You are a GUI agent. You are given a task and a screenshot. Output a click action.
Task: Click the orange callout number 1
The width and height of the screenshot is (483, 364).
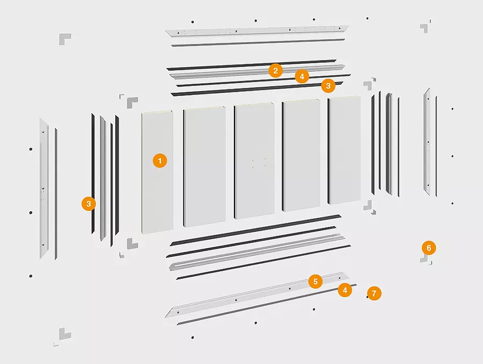[159, 161]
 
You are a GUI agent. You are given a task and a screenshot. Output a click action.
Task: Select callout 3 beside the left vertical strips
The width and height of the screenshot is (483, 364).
[89, 204]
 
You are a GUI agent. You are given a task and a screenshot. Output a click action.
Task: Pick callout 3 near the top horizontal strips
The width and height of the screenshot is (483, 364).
[328, 86]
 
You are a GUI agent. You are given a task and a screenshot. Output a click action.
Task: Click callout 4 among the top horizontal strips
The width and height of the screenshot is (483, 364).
[302, 76]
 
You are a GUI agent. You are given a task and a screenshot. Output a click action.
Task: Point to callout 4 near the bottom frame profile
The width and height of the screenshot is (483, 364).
[345, 290]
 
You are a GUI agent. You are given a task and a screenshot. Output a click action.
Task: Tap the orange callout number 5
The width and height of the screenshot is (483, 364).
[316, 281]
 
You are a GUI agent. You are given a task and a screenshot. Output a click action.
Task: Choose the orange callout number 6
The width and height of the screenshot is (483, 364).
[429, 248]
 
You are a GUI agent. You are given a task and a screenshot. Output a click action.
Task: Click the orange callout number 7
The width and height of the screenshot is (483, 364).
[374, 294]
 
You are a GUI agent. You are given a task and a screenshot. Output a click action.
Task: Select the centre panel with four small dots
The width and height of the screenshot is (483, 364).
[254, 161]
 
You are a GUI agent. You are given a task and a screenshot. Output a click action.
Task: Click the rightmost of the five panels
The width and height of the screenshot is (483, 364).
[344, 150]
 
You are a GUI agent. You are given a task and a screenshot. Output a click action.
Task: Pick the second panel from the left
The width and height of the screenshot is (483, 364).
[204, 167]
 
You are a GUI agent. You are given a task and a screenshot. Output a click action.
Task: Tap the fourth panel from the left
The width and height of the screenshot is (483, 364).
[301, 155]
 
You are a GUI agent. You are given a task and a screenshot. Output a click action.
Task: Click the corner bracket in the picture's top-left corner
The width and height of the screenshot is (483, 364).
[64, 38]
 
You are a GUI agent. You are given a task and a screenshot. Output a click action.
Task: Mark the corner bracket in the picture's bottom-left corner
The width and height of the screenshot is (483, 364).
[64, 334]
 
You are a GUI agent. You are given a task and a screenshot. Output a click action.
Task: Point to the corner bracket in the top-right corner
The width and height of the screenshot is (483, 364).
[425, 28]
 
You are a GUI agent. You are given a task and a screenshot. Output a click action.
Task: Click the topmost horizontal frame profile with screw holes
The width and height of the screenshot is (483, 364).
[257, 31]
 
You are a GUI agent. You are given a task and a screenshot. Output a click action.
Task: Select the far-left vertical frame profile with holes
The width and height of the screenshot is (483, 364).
[44, 189]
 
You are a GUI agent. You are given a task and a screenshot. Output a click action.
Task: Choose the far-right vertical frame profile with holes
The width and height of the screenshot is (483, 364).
[427, 142]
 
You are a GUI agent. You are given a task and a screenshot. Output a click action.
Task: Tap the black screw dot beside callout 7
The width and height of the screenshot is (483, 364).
[367, 297]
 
